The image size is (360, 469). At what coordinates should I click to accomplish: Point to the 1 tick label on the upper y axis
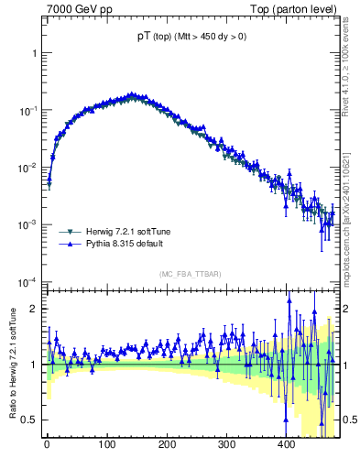tap(34, 53)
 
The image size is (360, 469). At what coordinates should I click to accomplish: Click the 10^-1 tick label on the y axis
tap(28, 110)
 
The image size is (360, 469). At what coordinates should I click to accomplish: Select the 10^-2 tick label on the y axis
tap(28, 168)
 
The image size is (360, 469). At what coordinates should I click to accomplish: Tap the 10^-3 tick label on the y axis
tap(28, 224)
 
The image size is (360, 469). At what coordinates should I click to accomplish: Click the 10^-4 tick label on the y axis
tap(28, 281)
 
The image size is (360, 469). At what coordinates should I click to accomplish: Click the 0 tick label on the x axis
tap(47, 444)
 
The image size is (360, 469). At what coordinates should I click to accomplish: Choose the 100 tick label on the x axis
tap(106, 444)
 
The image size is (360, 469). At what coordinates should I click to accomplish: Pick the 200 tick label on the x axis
tap(167, 444)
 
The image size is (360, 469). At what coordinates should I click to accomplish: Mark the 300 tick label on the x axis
tap(226, 444)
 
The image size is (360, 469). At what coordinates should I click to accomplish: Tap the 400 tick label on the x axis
tap(286, 444)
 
